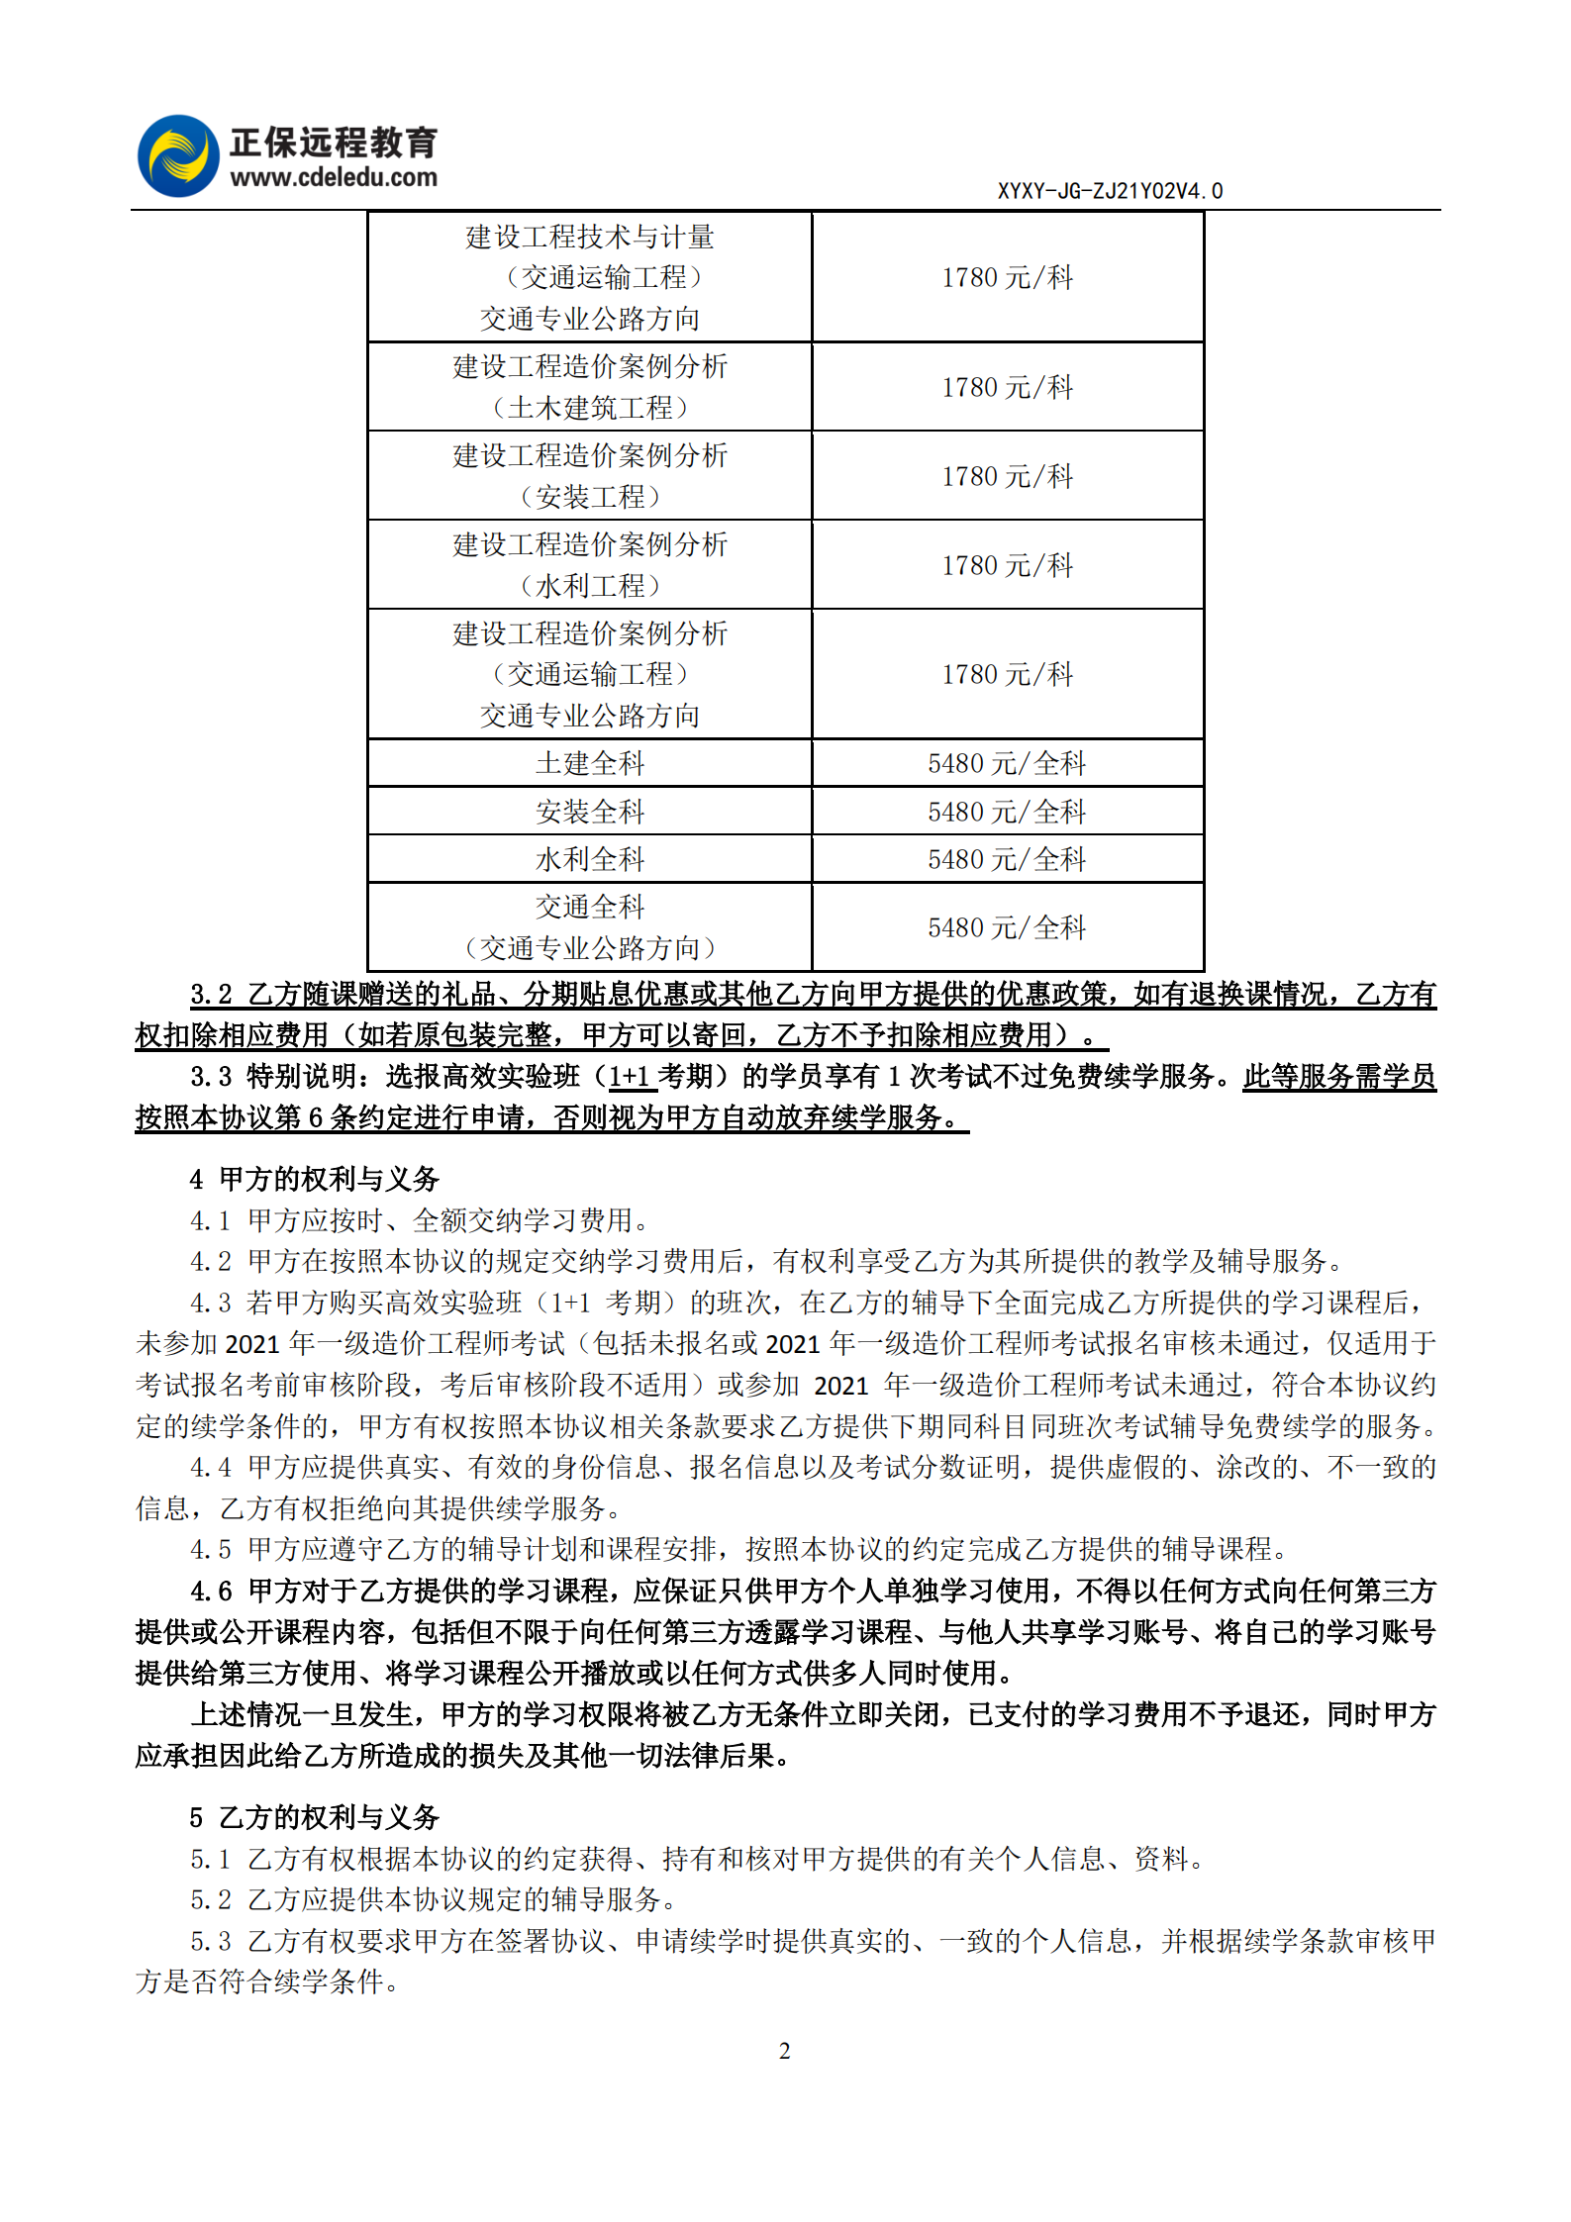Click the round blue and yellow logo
[178, 156]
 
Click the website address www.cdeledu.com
[334, 178]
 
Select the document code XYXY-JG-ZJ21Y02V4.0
[1110, 191]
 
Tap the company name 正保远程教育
[334, 143]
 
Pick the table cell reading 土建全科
[590, 763]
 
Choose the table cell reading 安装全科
[590, 812]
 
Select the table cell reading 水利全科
[590, 859]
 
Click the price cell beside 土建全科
[1007, 763]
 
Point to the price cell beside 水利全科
[1007, 859]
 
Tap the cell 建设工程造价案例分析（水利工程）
[590, 565]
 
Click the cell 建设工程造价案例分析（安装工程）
[590, 476]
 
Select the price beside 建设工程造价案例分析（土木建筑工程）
[1007, 387]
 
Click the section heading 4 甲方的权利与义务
[315, 1179]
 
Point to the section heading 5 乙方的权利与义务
[315, 1817]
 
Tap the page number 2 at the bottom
[785, 2051]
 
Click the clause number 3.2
[211, 995]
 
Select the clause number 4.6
[211, 1591]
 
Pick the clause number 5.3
[211, 1941]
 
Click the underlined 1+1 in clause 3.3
[629, 1077]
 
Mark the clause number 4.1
[211, 1220]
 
